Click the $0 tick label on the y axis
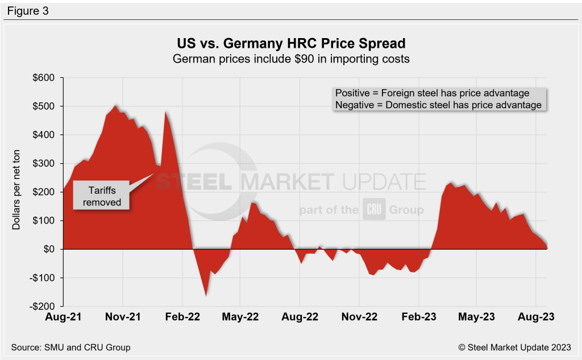pyautogui.click(x=49, y=249)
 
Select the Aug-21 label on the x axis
pyautogui.click(x=64, y=317)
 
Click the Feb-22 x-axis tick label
pyautogui.click(x=182, y=317)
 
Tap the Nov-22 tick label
pyautogui.click(x=359, y=317)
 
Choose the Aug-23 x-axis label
pyautogui.click(x=535, y=317)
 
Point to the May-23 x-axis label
pyautogui.click(x=477, y=317)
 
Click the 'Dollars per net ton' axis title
pyautogui.click(x=16, y=192)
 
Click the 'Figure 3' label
pyautogui.click(x=28, y=11)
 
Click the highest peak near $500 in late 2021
pyautogui.click(x=115, y=106)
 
